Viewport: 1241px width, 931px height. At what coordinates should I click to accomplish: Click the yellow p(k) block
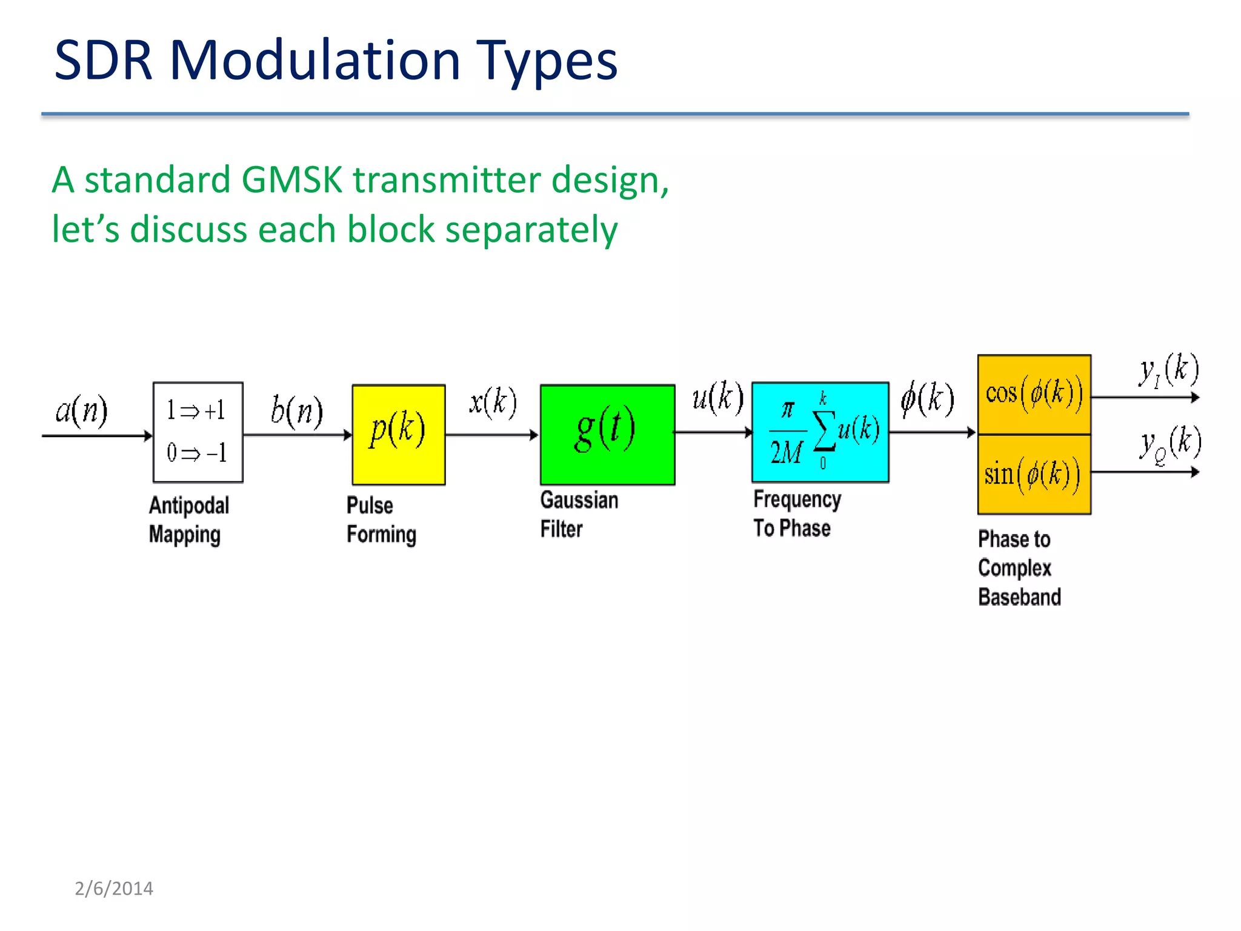click(398, 434)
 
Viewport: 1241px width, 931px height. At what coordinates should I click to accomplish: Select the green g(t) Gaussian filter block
click(607, 434)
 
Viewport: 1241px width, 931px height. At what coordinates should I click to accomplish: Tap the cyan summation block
click(820, 432)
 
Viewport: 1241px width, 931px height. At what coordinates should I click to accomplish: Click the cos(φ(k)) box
click(1034, 394)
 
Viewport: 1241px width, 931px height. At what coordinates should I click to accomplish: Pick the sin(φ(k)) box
click(1034, 475)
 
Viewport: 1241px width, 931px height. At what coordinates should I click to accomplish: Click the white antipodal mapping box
click(198, 432)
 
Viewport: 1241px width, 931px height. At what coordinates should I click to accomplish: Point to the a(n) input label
click(81, 411)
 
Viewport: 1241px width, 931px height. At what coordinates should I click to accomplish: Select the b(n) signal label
click(296, 411)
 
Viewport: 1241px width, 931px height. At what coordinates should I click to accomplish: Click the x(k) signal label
click(493, 402)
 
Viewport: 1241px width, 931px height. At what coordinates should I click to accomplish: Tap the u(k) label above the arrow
click(717, 398)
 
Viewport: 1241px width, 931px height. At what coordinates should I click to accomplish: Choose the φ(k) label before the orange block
click(927, 399)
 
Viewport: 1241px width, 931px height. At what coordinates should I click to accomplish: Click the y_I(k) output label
click(1168, 370)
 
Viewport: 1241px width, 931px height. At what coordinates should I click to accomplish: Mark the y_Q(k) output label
click(1169, 444)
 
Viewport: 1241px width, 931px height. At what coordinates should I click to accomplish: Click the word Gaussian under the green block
click(579, 501)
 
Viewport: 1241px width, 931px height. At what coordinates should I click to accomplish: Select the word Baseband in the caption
click(1019, 597)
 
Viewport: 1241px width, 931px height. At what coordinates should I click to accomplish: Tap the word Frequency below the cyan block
click(797, 500)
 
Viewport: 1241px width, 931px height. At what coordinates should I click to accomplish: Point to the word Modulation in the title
click(314, 60)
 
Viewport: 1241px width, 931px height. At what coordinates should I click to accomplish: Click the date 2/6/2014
click(113, 889)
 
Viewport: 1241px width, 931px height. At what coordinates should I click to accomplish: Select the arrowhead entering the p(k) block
click(348, 435)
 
